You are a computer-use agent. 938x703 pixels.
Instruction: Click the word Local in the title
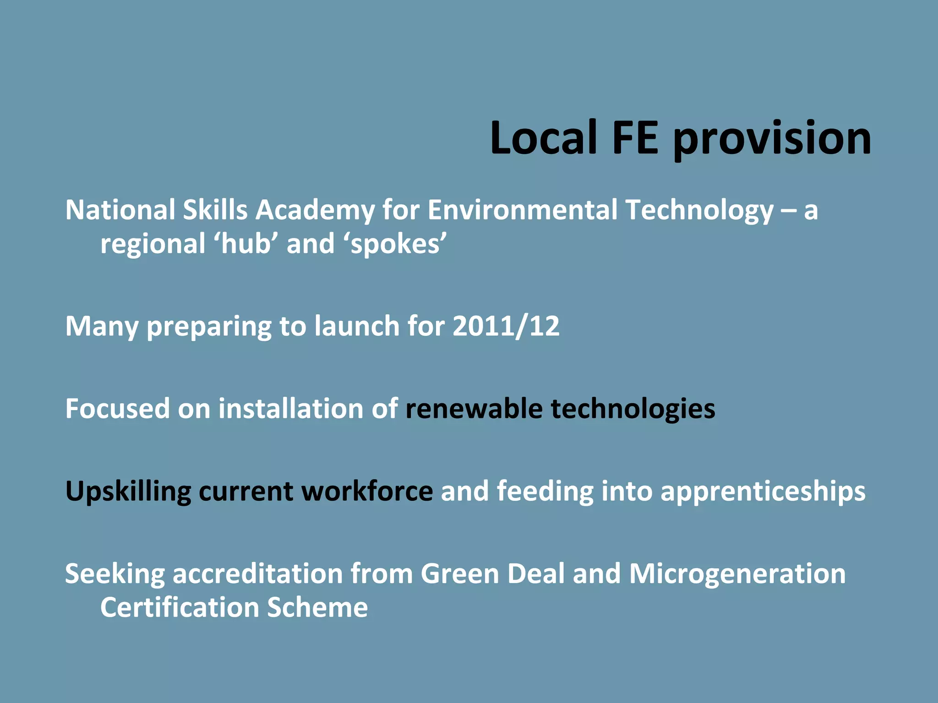coord(543,137)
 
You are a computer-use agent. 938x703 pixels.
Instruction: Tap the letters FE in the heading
coord(635,137)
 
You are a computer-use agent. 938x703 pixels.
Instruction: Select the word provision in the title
coord(772,140)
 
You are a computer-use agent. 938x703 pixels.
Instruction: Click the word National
coord(120,210)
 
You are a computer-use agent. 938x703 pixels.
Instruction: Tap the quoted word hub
coord(249,243)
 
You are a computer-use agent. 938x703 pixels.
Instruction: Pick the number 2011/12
coord(506,327)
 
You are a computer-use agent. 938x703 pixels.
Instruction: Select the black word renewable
coord(474,409)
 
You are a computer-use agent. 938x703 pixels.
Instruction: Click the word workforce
coord(367,491)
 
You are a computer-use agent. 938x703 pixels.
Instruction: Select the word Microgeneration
coord(737,574)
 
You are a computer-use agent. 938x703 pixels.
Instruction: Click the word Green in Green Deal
coord(459,573)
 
